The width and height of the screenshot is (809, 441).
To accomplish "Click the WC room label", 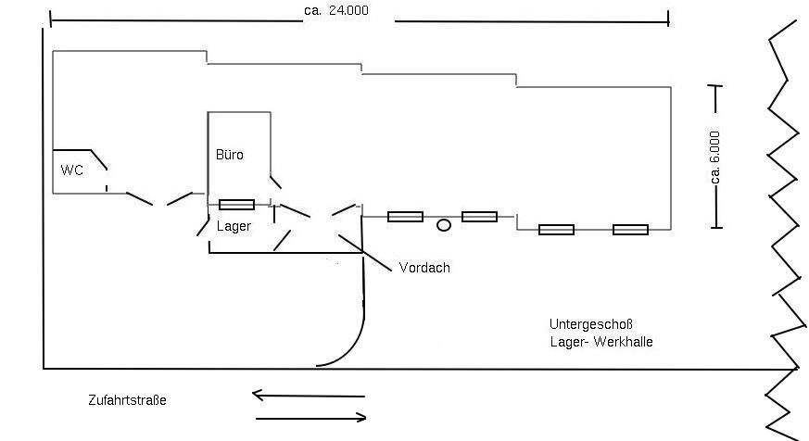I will coord(72,170).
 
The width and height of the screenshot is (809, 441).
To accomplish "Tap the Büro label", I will coord(230,155).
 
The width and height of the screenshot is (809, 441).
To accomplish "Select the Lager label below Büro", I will coord(234,225).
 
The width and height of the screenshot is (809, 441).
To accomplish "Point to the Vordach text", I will coord(423,268).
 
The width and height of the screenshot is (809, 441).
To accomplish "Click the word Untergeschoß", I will coord(590,324).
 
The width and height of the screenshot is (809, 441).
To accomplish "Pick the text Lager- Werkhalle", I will coord(600,342).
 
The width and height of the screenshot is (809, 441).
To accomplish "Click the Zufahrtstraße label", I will coord(127,400).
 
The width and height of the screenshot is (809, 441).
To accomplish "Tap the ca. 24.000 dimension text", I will coord(348,10).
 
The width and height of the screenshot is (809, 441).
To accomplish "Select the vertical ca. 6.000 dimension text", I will coord(715,157).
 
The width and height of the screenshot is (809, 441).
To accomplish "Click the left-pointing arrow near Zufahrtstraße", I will coord(308,396).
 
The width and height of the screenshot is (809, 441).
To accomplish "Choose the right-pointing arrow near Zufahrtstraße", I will coord(310,419).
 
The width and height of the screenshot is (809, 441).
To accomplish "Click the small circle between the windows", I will coord(444,224).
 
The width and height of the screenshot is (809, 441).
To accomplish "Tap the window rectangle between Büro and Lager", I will coord(236,205).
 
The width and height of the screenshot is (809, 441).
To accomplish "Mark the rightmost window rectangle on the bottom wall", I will coord(630,230).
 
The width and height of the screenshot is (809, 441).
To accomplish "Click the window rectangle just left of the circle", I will coord(405,217).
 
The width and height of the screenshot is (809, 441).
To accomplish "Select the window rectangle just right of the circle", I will coord(479,217).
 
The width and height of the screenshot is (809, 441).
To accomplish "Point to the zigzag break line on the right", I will coord(784,222).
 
